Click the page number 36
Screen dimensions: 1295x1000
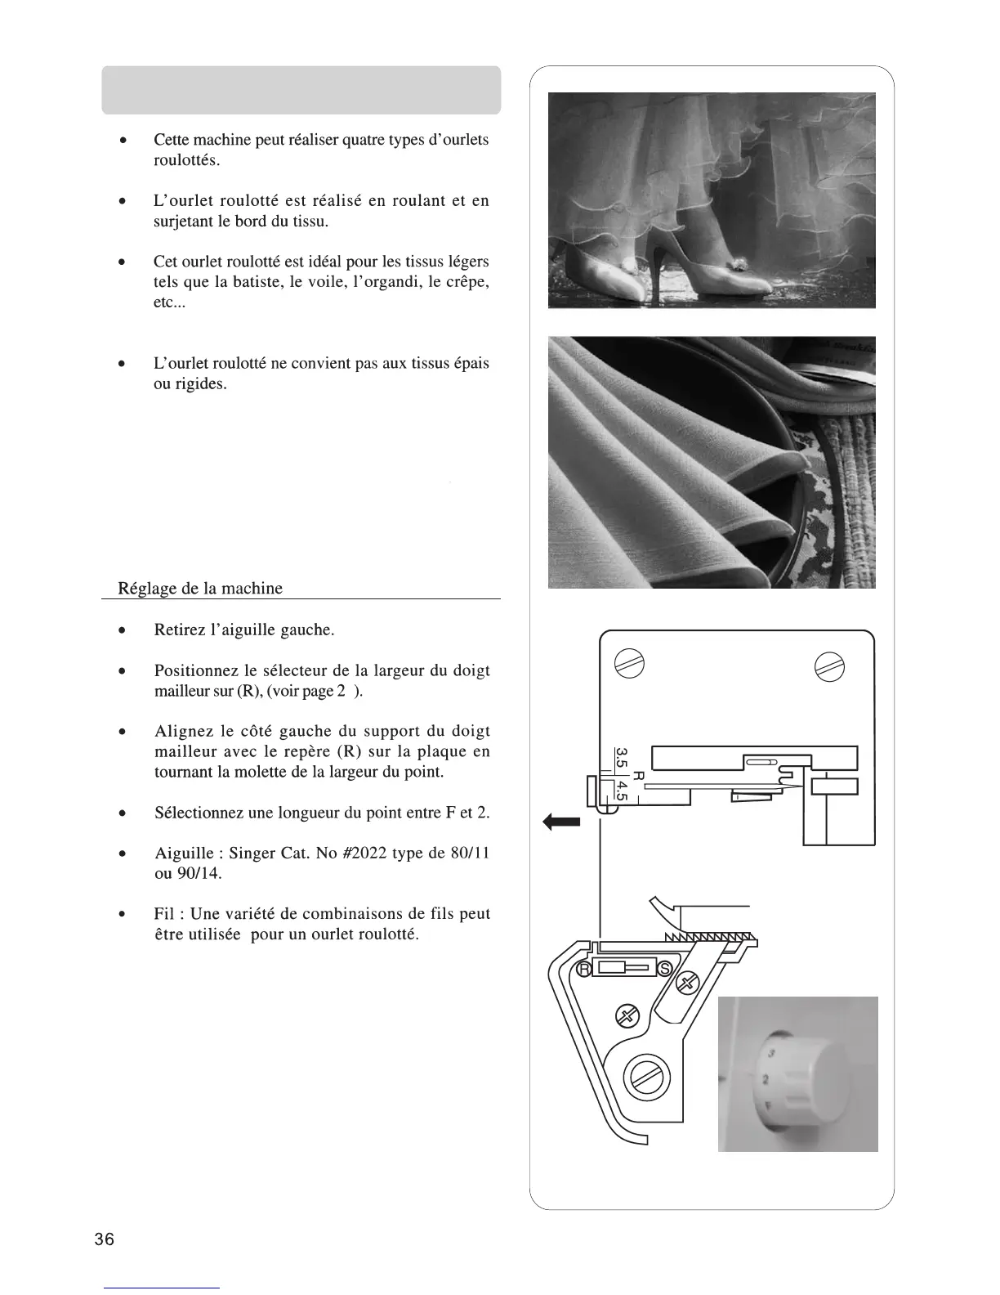(104, 1239)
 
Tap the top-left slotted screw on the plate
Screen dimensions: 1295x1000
(636, 664)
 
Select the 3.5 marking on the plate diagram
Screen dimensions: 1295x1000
(622, 758)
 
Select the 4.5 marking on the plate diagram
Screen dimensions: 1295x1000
(621, 790)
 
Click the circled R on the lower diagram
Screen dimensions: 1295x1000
(584, 969)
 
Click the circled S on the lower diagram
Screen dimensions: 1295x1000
(664, 969)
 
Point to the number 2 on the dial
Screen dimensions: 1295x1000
(766, 1079)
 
